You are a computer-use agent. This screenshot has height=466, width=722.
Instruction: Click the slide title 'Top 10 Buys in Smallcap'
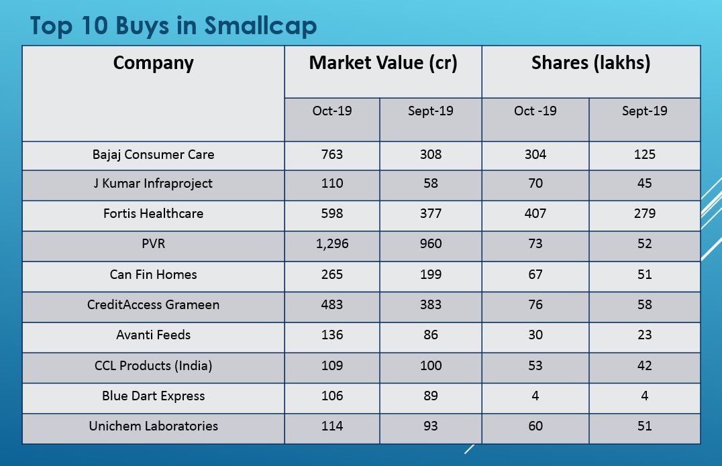tap(173, 25)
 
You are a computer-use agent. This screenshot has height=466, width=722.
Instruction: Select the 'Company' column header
tap(153, 63)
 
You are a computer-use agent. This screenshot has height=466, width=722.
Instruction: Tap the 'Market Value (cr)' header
tap(382, 63)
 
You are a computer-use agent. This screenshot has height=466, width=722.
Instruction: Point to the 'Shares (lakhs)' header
tap(590, 63)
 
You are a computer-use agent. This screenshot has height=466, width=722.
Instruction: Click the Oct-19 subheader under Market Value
tap(331, 111)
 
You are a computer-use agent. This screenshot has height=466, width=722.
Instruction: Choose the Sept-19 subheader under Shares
tap(644, 111)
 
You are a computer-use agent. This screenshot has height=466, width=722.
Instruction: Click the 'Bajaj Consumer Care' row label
tap(153, 154)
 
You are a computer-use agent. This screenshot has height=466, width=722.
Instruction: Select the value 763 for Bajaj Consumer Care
tap(331, 154)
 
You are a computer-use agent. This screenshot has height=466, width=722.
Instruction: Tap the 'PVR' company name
tap(153, 243)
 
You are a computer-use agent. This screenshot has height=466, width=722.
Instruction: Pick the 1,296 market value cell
tap(331, 243)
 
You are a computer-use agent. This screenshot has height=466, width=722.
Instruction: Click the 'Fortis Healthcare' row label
tap(153, 213)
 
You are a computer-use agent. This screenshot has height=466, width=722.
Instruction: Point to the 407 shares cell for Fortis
tap(535, 213)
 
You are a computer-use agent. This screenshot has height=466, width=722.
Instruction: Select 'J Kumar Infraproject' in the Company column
tap(153, 183)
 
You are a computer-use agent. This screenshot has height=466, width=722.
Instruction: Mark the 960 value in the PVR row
tap(430, 243)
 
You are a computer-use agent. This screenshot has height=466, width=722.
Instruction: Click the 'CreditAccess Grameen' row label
tap(153, 304)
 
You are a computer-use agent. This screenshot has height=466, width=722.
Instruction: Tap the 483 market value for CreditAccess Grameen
tap(331, 304)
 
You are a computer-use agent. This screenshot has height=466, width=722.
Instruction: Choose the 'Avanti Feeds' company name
tap(153, 335)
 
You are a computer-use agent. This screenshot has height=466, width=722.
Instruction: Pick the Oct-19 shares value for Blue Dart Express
tap(535, 396)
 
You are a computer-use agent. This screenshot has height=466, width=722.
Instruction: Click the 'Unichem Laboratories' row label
tap(153, 426)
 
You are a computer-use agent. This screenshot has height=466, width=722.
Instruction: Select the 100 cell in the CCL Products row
tap(430, 365)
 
